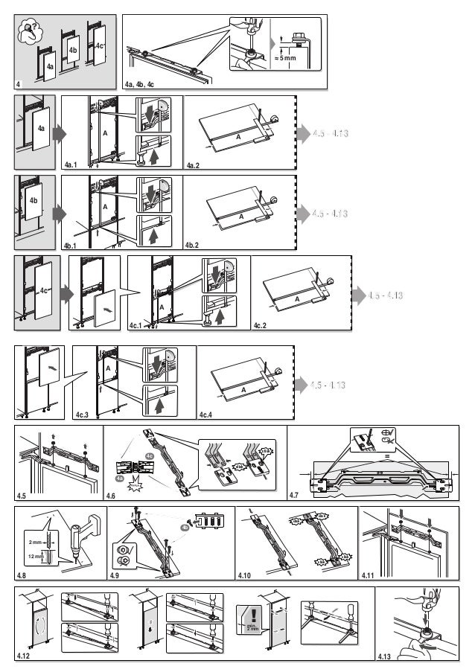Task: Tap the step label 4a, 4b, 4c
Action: (x=139, y=84)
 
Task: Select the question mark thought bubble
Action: (x=30, y=28)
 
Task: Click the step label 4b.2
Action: (x=192, y=244)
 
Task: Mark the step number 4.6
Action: (x=112, y=494)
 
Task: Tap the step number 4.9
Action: (x=116, y=576)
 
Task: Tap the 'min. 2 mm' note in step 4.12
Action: (x=252, y=633)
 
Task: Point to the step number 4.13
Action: (x=385, y=656)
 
